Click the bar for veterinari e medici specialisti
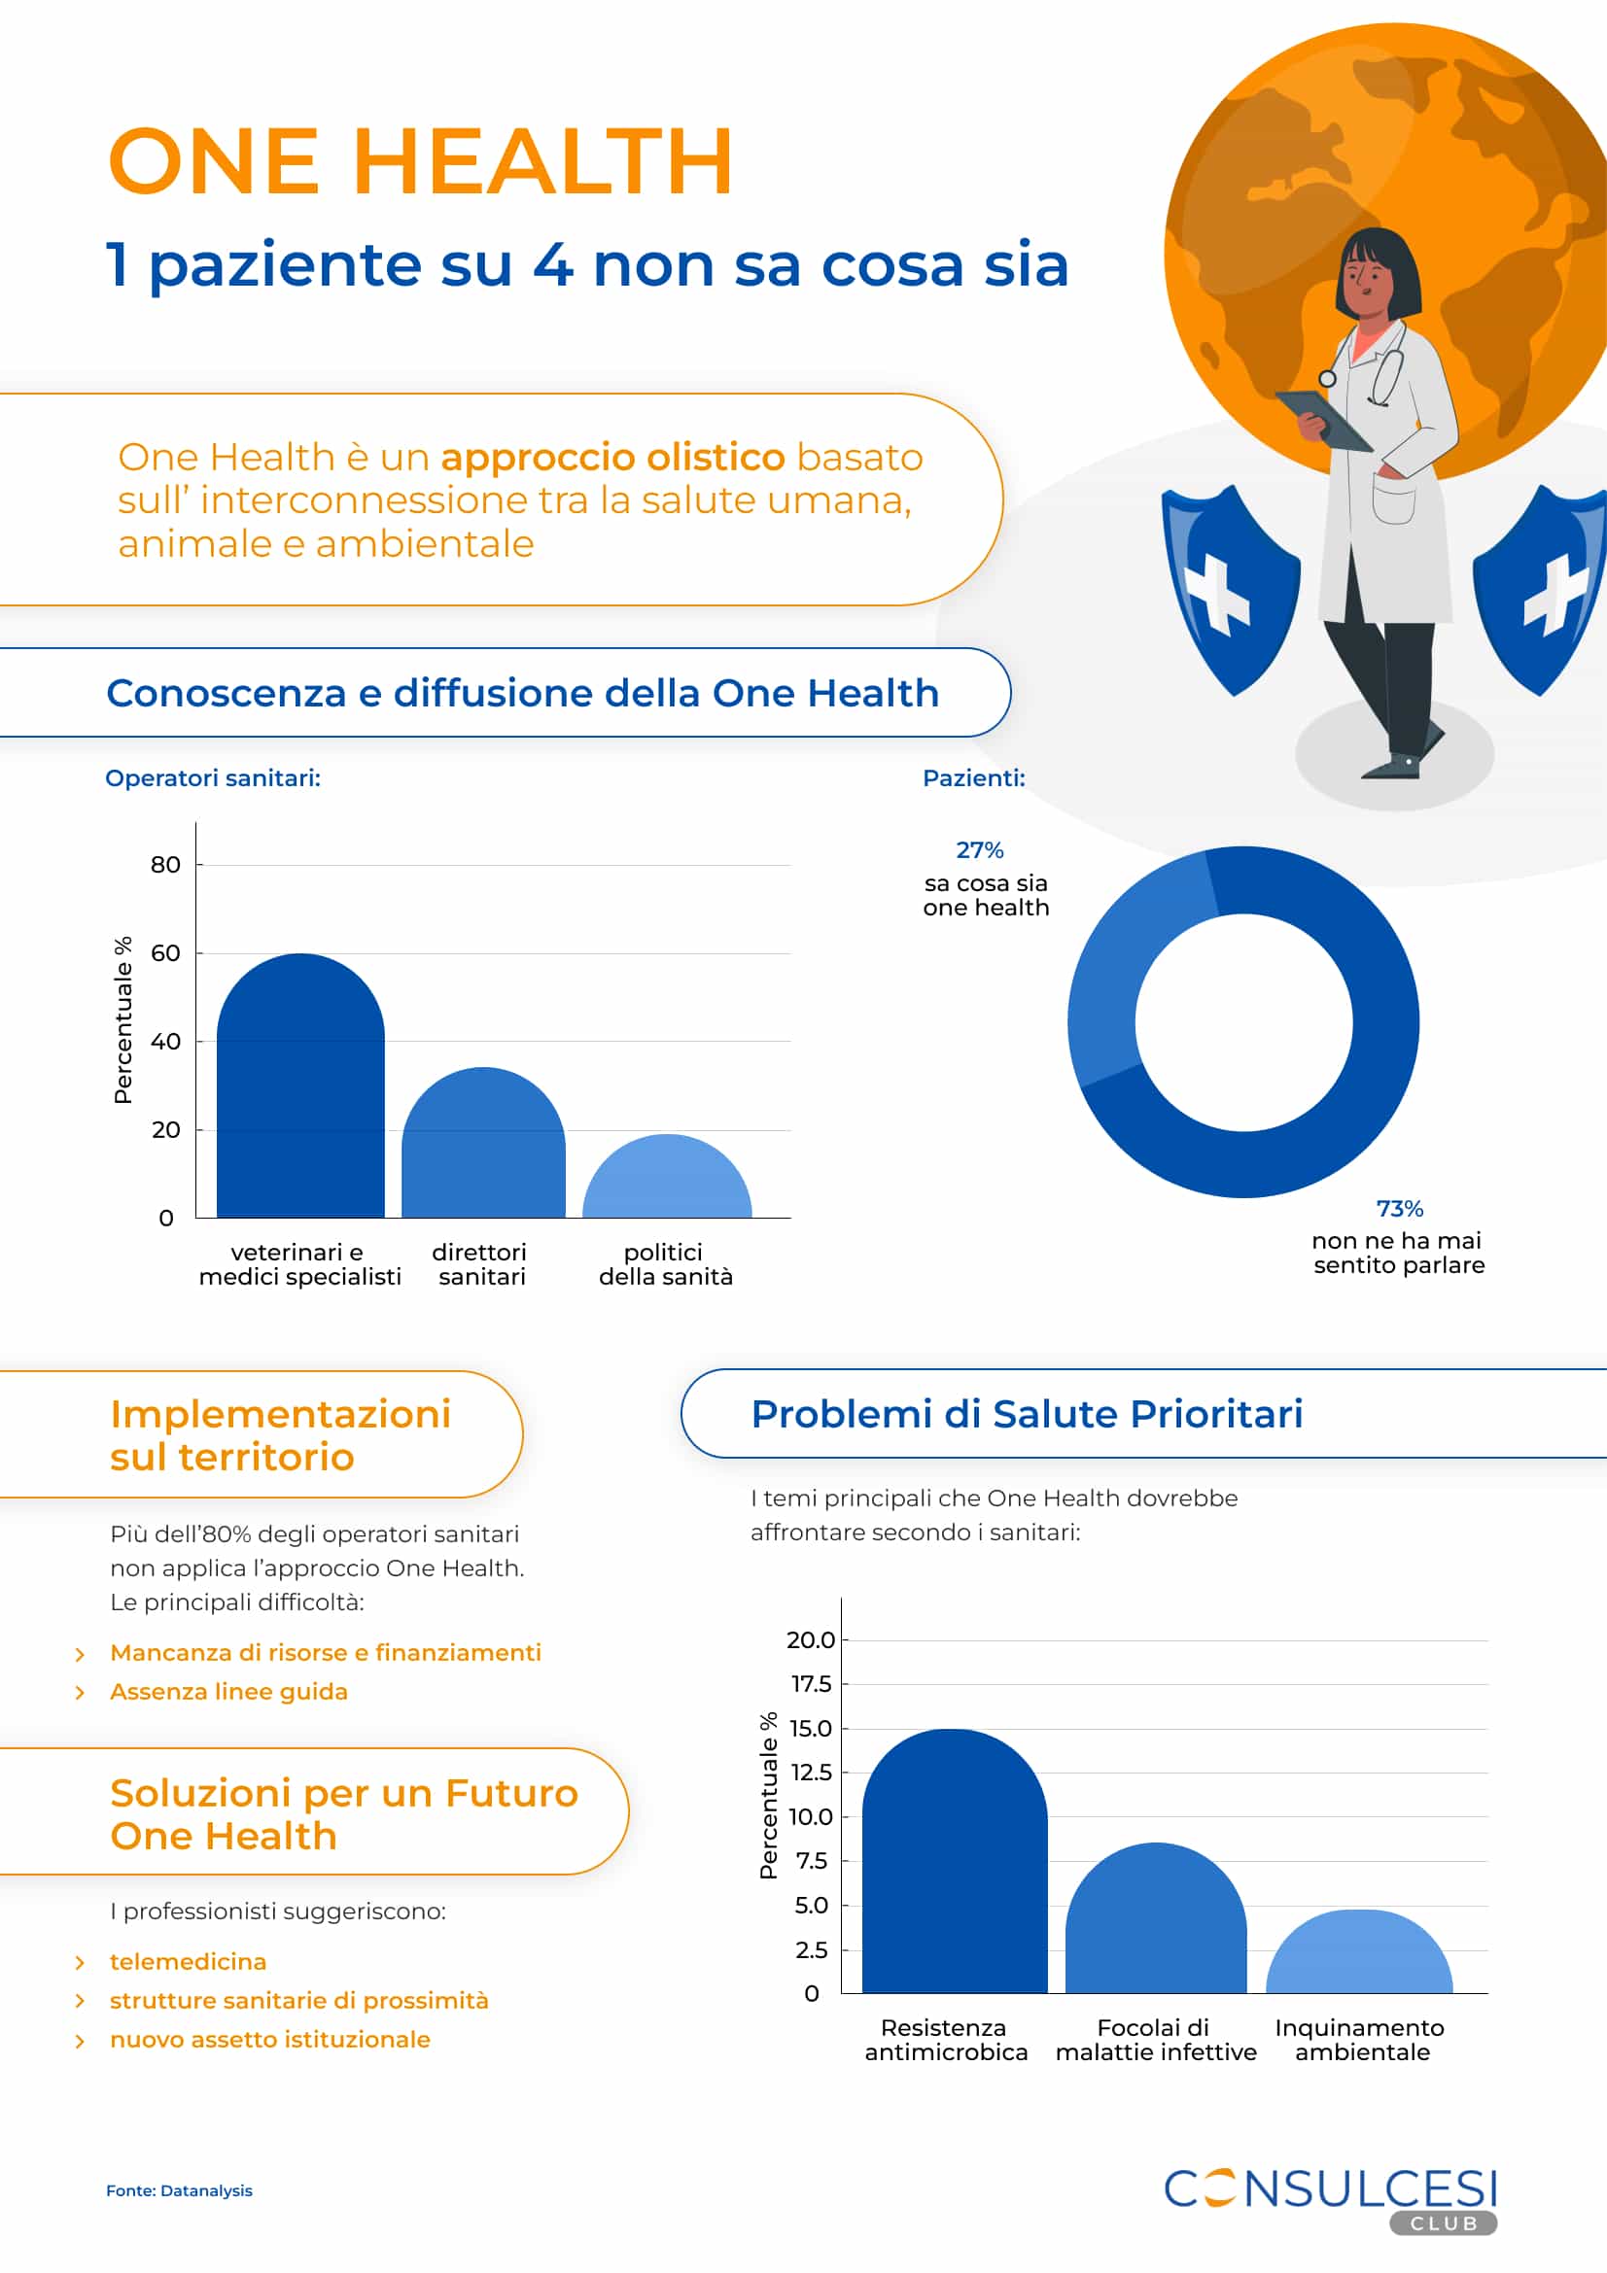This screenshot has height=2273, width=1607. tap(300, 1089)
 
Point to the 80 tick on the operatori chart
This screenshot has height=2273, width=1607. tap(165, 865)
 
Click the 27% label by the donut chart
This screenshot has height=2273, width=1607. tap(979, 850)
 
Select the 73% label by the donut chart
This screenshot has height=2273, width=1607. tap(1399, 1209)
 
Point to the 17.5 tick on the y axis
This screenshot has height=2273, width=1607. tap(811, 1684)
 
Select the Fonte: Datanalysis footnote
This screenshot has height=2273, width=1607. tap(179, 2190)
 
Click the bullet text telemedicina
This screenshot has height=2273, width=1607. tap(189, 1961)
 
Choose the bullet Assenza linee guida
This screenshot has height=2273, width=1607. tap(228, 1692)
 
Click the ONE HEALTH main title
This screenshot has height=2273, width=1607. tap(420, 160)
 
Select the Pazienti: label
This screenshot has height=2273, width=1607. tap(973, 778)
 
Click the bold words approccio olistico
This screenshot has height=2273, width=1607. tap(611, 458)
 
